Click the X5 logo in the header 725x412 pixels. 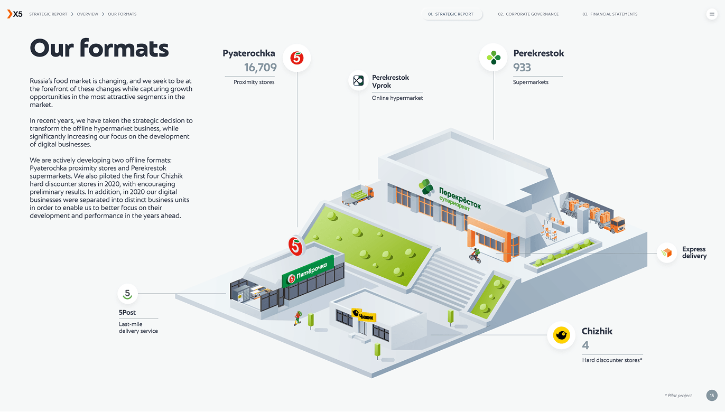15,14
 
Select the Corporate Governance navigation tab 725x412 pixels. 528,14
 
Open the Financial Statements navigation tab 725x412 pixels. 610,14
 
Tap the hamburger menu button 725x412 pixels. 712,14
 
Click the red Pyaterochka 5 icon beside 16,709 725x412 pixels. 297,58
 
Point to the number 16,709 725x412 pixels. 260,67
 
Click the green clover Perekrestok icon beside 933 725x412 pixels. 493,58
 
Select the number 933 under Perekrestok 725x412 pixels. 522,67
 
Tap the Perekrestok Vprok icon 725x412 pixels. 358,81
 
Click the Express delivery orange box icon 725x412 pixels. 667,253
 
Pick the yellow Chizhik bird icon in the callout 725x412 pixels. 561,335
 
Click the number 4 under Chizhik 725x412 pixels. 585,345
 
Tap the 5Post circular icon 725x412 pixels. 127,294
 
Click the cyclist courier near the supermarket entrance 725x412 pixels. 475,256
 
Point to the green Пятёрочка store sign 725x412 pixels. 308,271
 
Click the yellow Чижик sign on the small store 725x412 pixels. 364,315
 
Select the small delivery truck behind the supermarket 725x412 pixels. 358,195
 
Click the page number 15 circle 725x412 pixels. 712,395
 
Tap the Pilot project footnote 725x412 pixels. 678,396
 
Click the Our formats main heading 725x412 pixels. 99,49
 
